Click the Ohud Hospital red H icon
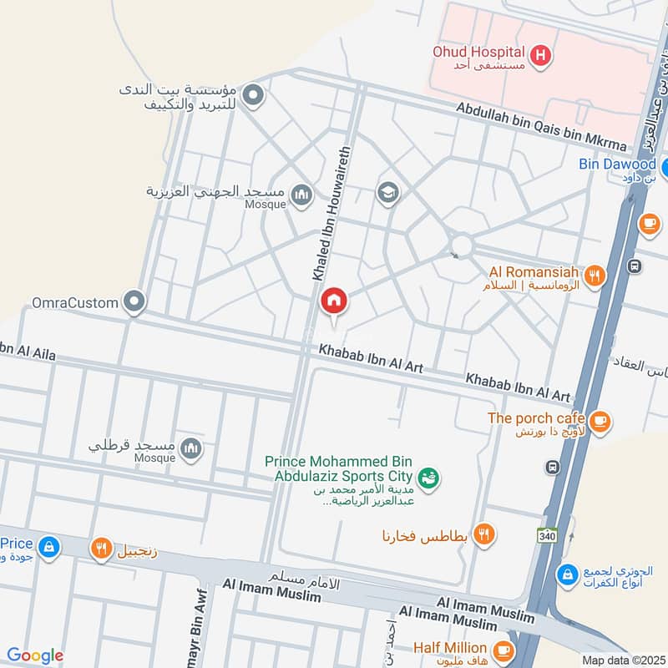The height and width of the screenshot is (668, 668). click(x=541, y=55)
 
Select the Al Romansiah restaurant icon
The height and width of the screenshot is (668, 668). click(x=595, y=276)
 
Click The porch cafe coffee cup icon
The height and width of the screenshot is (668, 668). click(x=600, y=422)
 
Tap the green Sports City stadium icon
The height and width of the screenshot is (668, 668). click(x=429, y=478)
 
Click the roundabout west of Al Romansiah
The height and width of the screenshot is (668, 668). click(x=460, y=245)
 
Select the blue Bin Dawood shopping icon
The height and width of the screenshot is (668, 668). click(x=665, y=164)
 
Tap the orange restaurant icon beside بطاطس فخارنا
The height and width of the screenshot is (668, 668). click(x=483, y=534)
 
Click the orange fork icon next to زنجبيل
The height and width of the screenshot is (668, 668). click(x=101, y=549)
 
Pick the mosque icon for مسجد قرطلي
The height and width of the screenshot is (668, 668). click(x=191, y=449)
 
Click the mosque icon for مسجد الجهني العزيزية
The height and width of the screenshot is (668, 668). click(x=301, y=195)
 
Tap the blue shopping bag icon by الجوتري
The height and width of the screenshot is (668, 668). click(x=568, y=574)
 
